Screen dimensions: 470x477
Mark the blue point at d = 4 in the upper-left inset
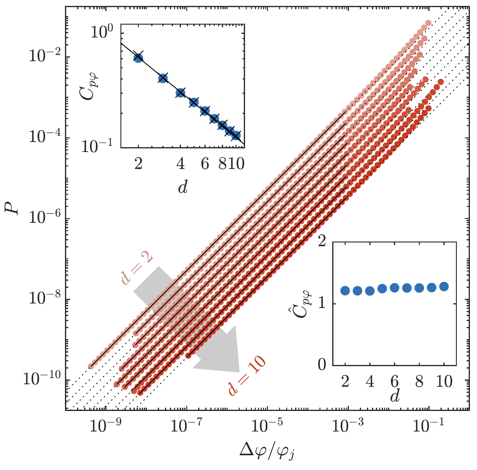(180, 93)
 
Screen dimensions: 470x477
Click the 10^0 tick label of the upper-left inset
(102, 32)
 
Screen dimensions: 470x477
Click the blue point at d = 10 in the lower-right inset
(444, 287)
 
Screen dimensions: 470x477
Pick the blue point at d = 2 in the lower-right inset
(345, 291)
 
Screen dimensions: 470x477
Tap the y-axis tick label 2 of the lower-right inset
(322, 242)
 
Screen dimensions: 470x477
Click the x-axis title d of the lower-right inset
(395, 396)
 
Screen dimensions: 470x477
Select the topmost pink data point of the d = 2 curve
(428, 23)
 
